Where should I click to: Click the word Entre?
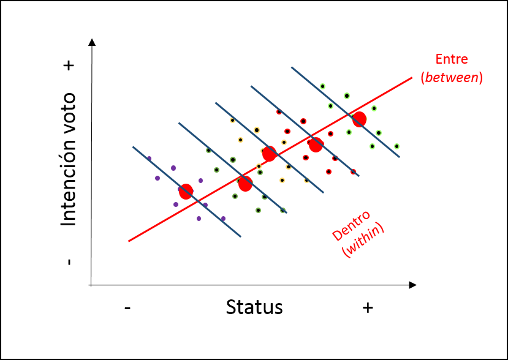pos(452,59)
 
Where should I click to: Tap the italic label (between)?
pos(452,78)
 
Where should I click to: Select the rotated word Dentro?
pos(351,225)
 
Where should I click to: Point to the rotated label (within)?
pos(363,240)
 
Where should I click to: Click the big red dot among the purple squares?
pos(186,192)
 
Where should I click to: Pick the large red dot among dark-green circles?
pos(246,184)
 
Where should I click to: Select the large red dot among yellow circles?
pos(270,154)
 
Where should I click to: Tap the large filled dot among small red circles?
pos(316,145)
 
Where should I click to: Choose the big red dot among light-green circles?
pos(360,119)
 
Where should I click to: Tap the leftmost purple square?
pos(149,159)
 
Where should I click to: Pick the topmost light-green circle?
pos(323,86)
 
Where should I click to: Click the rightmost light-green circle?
pos(397,146)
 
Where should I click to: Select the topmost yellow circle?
pos(232,121)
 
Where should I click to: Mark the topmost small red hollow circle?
pos(279,112)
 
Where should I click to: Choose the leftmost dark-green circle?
pos(208,151)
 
